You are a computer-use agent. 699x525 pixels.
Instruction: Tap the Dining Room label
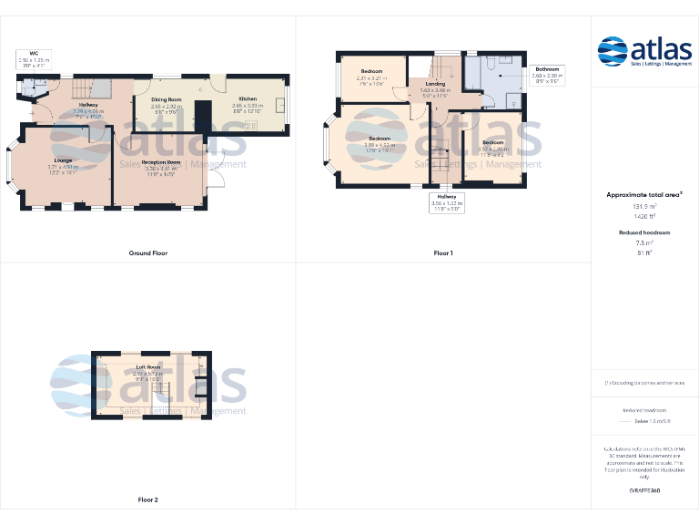[x=167, y=102]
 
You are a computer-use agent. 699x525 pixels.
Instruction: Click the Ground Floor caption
[x=147, y=252]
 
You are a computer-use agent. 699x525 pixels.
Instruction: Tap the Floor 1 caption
[x=443, y=252]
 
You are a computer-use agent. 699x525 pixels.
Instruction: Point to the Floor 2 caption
[x=147, y=499]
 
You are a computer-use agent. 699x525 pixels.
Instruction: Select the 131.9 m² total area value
[x=644, y=207]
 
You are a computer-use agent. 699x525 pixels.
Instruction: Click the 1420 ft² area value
[x=644, y=217]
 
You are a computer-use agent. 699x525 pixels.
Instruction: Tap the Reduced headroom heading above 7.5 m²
[x=644, y=233]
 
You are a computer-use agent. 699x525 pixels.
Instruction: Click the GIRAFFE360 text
[x=644, y=491]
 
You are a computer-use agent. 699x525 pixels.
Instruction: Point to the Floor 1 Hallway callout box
[x=447, y=201]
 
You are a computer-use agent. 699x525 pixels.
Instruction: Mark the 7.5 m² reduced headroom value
[x=644, y=243]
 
